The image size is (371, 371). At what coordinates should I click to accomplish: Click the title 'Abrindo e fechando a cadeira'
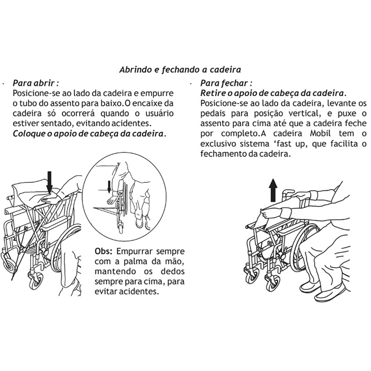click(180, 70)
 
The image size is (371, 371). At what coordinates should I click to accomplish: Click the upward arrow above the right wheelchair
click(273, 189)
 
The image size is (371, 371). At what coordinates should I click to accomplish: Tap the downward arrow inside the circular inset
click(109, 187)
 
